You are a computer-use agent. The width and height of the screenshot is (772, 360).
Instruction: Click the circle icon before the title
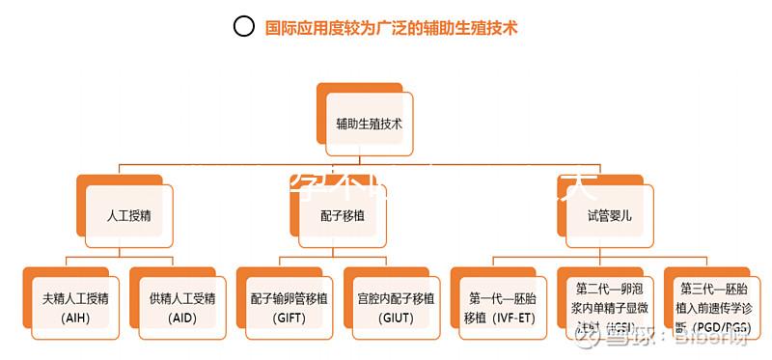click(x=245, y=27)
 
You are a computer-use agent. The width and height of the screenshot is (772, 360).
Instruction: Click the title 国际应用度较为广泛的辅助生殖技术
click(x=392, y=27)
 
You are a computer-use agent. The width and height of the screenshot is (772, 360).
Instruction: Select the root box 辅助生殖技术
click(x=369, y=125)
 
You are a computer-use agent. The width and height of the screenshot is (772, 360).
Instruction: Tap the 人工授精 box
click(x=128, y=215)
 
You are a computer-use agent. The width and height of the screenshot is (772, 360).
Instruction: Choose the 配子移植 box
click(x=342, y=215)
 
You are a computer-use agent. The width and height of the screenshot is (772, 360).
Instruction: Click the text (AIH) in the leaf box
click(x=75, y=318)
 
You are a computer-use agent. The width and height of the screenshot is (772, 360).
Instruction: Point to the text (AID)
click(x=181, y=318)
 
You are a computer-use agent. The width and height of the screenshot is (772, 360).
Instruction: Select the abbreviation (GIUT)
click(x=396, y=318)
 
